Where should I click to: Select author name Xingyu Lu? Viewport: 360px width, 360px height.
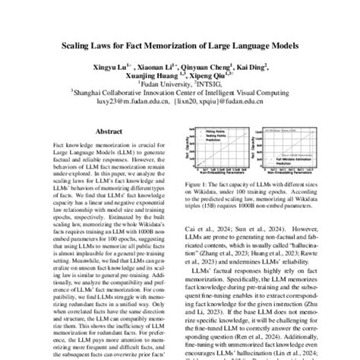pos(111,66)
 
